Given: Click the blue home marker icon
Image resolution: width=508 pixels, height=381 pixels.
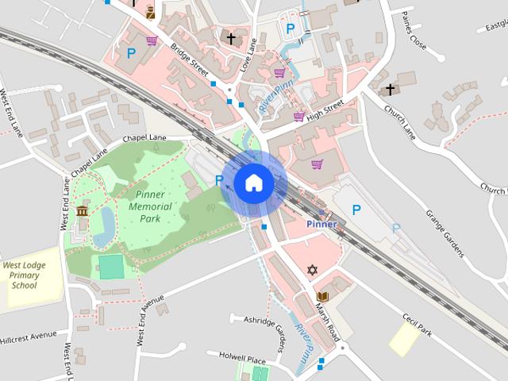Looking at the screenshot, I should pos(253,183).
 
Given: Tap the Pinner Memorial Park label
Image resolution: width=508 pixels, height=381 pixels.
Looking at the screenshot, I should pos(144,206).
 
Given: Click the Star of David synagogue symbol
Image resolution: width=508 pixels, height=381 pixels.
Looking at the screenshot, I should pos(312,271).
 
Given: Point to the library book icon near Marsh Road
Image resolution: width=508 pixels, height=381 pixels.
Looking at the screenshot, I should pos(321,297).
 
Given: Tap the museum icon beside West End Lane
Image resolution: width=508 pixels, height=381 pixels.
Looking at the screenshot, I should pos(83,211).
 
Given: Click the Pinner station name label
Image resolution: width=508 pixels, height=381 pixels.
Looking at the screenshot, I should pos(321,224).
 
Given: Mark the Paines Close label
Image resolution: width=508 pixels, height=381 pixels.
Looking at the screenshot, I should pos(414,37).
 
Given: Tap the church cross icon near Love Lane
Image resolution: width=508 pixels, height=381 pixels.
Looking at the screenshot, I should pos(231,37).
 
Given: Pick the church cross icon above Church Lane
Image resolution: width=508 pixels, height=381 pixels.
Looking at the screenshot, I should pos(390,90).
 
